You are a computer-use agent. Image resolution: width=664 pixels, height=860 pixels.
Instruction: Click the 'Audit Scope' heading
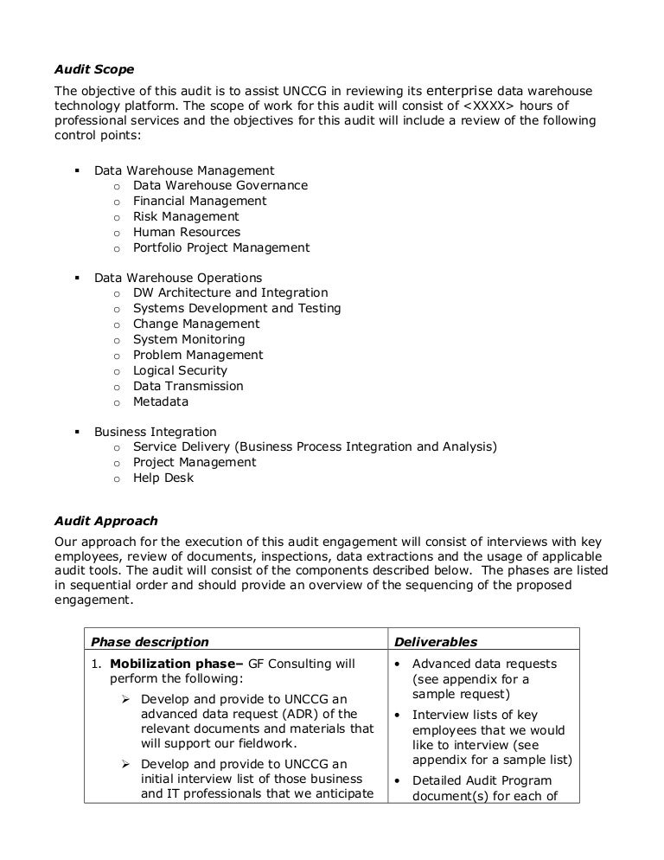[x=94, y=69]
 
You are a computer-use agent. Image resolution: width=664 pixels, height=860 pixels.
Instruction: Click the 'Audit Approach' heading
[x=105, y=521]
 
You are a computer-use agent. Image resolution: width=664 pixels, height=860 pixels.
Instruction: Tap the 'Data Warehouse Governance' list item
[x=220, y=185]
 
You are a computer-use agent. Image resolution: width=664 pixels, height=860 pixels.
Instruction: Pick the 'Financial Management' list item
[x=200, y=201]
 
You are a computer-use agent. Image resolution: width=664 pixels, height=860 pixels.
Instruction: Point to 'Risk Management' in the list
[x=186, y=216]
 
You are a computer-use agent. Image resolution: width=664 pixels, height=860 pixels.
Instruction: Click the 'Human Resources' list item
[x=187, y=232]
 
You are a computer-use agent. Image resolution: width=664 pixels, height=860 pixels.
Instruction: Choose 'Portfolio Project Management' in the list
[x=220, y=247]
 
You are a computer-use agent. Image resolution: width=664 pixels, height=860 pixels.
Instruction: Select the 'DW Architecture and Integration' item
[x=230, y=293]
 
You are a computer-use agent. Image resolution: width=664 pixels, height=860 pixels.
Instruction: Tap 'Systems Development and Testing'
[x=237, y=309]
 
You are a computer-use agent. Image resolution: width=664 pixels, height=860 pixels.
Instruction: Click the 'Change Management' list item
[x=196, y=324]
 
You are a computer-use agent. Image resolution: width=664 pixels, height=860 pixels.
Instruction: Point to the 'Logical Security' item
[x=180, y=371]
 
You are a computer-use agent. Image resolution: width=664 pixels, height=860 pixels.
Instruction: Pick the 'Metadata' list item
[x=161, y=402]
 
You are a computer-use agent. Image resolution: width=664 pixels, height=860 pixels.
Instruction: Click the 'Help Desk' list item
[x=163, y=478]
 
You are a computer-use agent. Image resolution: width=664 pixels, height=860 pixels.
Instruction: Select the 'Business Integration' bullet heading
[x=156, y=432]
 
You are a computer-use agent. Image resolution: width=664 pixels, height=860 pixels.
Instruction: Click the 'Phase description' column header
[x=150, y=642]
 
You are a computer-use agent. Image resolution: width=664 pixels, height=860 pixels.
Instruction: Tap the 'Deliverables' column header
[x=436, y=642]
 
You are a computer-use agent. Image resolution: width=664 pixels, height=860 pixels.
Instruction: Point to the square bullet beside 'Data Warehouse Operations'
[x=76, y=278]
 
